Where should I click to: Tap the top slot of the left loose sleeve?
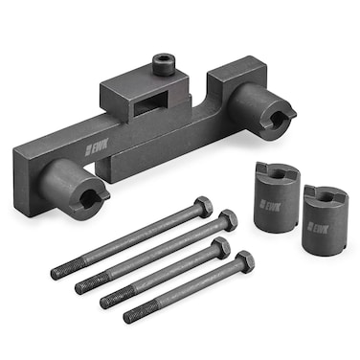pos(278,172)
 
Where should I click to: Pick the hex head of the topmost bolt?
pos(202,206)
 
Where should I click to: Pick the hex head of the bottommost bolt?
pos(245,261)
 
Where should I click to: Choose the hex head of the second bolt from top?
pos(227,220)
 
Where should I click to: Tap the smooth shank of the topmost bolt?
pos(144,234)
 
